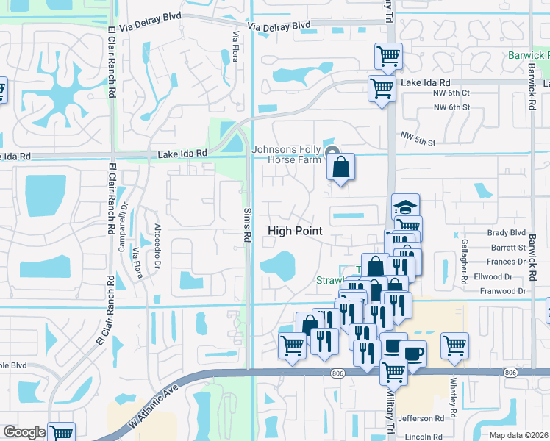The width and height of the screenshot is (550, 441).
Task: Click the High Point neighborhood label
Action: [295, 231]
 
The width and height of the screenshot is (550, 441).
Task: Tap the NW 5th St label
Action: [418, 137]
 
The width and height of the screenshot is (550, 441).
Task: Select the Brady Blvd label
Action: [508, 233]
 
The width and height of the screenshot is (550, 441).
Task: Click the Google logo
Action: [24, 432]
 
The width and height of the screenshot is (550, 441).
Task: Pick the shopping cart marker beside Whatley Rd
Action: [455, 345]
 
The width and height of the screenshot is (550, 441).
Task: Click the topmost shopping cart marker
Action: [388, 55]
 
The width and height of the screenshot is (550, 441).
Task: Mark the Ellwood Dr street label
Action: [493, 276]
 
